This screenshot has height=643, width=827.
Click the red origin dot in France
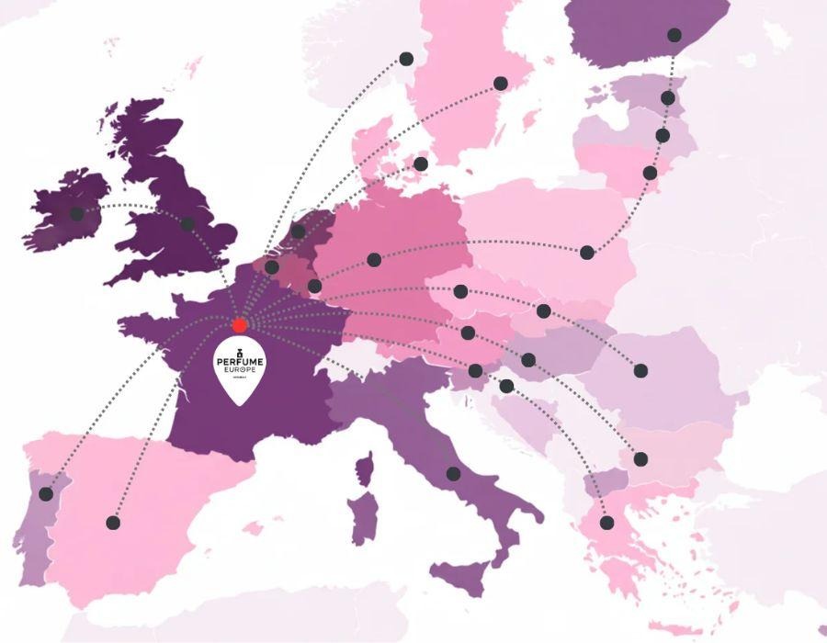240,325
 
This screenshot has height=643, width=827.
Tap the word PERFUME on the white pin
240,363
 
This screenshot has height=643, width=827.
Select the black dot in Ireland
77,214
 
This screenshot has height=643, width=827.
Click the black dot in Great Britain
187,223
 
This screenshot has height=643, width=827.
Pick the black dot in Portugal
46,494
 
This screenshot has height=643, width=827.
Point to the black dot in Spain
113,523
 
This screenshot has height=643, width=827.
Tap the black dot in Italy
453,474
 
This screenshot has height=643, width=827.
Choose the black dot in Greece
606,523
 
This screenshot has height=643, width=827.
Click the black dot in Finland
674,35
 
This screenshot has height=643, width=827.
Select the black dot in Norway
406,59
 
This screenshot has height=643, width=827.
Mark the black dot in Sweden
501,84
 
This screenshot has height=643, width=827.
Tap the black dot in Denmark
421,164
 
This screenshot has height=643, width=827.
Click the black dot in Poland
587,252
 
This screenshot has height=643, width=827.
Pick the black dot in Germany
374,260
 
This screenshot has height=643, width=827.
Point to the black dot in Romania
640,371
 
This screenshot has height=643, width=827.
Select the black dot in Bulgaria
640,458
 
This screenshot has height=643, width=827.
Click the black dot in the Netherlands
299,231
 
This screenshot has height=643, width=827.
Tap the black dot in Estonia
668,97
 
